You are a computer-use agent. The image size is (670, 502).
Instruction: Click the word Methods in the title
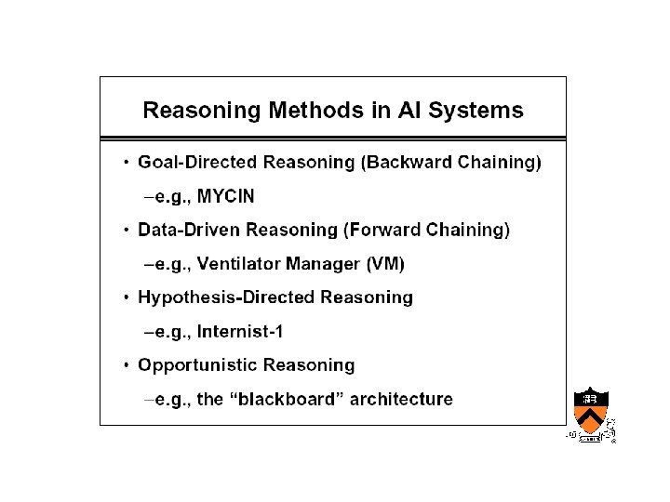314,112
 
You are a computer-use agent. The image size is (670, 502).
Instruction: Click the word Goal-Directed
197,163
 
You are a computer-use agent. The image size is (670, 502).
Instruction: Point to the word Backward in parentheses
407,163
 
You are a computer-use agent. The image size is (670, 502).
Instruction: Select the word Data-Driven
185,231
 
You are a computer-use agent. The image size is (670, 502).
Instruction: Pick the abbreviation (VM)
385,265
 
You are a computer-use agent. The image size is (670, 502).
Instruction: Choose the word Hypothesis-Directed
224,297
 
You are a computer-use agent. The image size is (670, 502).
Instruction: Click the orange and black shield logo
589,410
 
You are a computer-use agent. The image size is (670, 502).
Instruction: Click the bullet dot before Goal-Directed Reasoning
126,164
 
